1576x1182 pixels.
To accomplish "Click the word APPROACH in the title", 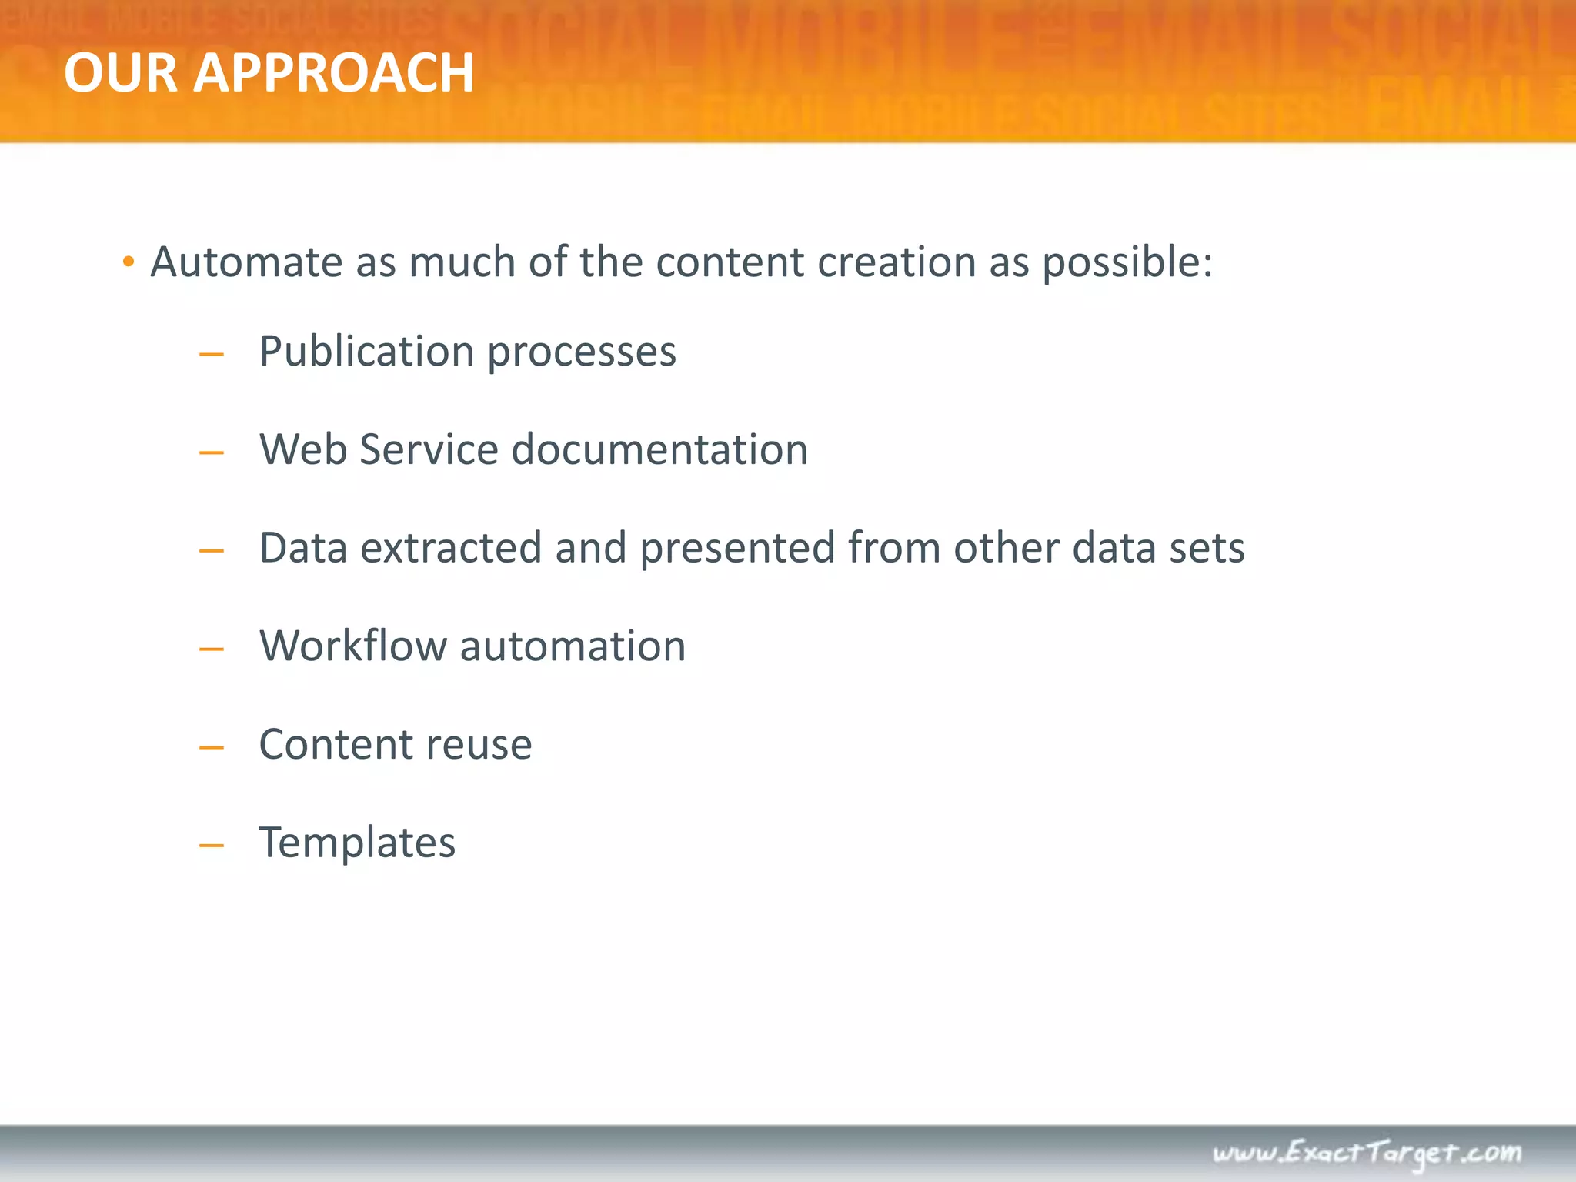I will (333, 73).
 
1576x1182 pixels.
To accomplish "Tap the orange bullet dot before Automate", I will (129, 262).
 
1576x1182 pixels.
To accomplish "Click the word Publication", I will (366, 352).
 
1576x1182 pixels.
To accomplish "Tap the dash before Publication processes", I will (211, 355).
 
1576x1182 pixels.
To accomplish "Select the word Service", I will (429, 449).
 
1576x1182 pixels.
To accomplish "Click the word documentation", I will (659, 449).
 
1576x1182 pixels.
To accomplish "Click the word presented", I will (737, 549).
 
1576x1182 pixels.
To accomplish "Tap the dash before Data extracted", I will (211, 551).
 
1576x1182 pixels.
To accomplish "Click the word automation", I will (573, 646).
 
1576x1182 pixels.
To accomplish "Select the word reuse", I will (478, 745).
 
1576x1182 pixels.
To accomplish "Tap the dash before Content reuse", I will (211, 747).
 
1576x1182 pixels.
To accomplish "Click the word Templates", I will (357, 843).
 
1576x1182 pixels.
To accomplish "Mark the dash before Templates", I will (211, 846).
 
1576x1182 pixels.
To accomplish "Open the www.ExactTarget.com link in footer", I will (1367, 1153).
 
